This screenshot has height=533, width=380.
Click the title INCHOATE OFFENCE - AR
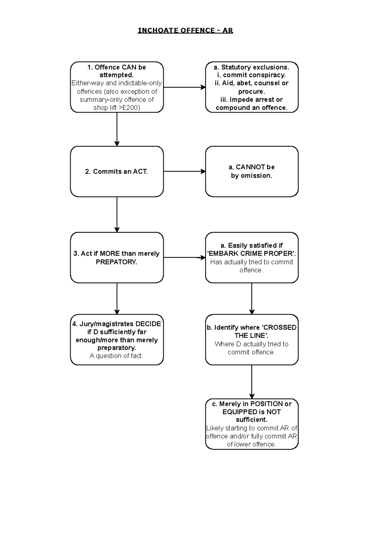pos(185,30)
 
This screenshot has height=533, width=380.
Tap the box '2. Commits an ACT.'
pos(117,172)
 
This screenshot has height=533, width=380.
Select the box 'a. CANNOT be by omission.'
pos(252,171)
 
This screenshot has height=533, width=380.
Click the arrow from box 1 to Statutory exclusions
pos(184,87)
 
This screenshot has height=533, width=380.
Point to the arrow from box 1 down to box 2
pos(117,129)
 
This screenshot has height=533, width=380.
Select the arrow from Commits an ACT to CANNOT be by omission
pos(184,171)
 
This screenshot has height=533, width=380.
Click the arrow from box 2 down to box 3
pos(117,214)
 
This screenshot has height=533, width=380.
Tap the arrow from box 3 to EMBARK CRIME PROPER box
pos(184,258)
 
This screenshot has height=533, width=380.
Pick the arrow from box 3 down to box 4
pos(117,298)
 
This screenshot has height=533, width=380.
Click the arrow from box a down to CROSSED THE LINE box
pos(252,298)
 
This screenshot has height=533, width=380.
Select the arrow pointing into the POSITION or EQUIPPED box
pos(252,382)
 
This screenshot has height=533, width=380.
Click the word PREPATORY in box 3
pos(117,262)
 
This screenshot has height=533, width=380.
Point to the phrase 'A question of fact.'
pos(117,356)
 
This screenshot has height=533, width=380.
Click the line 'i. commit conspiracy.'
pos(251,75)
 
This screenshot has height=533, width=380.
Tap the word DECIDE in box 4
pos(148,324)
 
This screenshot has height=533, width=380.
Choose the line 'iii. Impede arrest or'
pos(251,100)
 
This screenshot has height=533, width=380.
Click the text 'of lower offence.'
pos(251,444)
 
